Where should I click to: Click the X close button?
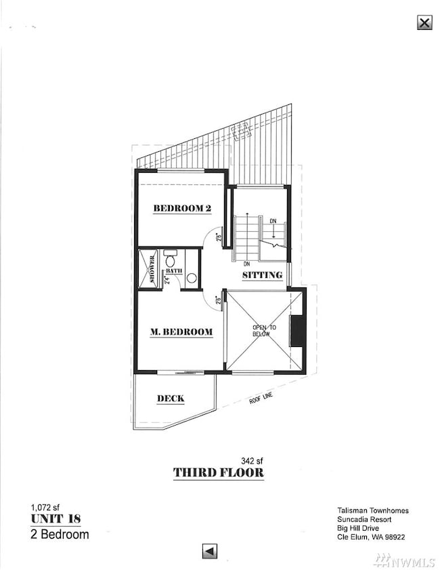pyautogui.click(x=424, y=22)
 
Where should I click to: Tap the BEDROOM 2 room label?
pyautogui.click(x=182, y=208)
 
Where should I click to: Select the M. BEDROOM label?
pyautogui.click(x=181, y=331)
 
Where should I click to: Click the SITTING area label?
pyautogui.click(x=262, y=274)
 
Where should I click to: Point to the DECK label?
pyautogui.click(x=171, y=399)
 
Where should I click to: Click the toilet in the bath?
pyautogui.click(x=169, y=258)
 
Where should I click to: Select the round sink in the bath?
pyautogui.click(x=192, y=278)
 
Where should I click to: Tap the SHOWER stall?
pyautogui.click(x=148, y=269)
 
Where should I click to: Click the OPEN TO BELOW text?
pyautogui.click(x=264, y=331)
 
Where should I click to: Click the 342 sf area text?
pyautogui.click(x=252, y=461)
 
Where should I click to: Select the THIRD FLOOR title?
pyautogui.click(x=219, y=472)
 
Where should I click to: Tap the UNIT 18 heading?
pyautogui.click(x=56, y=518)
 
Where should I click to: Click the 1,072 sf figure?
pyautogui.click(x=45, y=507)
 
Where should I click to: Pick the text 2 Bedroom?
pyautogui.click(x=60, y=534)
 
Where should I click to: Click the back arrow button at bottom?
pyautogui.click(x=210, y=551)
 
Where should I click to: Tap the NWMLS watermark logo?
pyautogui.click(x=404, y=561)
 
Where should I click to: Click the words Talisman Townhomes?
pyautogui.click(x=373, y=510)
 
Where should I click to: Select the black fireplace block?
pyautogui.click(x=296, y=331)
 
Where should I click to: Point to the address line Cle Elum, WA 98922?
pyautogui.click(x=371, y=537)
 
